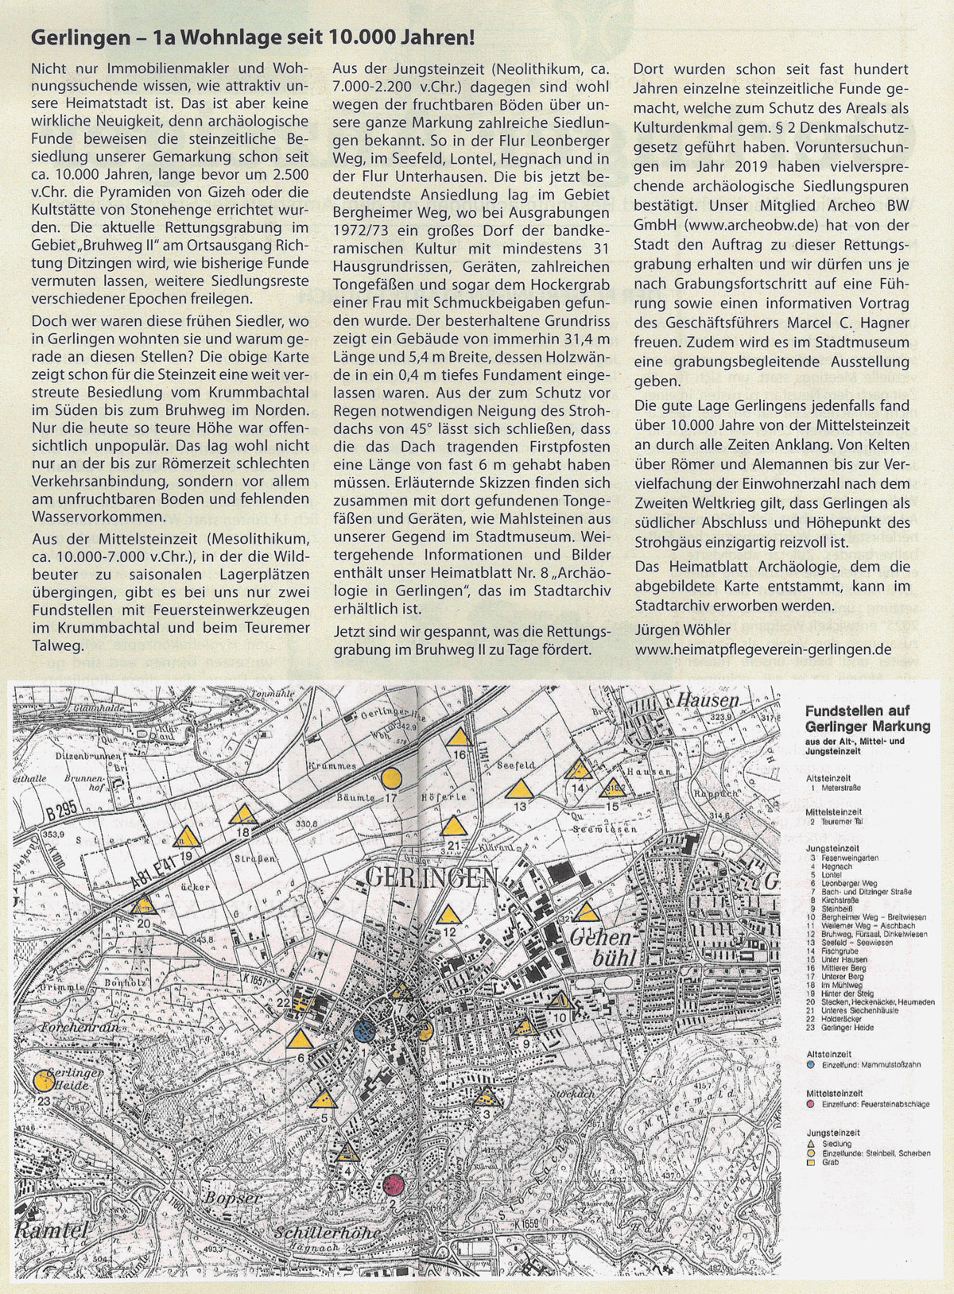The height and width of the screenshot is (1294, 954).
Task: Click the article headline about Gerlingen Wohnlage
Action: point(253,37)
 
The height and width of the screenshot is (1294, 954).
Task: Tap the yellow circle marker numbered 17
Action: point(390,778)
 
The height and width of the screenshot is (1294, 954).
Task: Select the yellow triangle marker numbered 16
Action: point(459,737)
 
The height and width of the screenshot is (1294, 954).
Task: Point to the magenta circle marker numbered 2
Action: point(394,1185)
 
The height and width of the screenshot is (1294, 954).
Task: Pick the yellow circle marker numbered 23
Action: point(44,1081)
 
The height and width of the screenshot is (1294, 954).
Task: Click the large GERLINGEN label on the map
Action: point(432,878)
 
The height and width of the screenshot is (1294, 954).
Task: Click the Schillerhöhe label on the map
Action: point(328,1233)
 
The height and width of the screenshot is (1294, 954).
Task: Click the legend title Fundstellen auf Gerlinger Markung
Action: point(867,719)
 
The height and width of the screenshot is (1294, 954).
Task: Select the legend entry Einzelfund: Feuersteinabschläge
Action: point(874,1105)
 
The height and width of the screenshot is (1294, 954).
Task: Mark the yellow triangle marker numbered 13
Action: point(520,789)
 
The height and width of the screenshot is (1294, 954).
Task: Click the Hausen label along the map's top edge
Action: point(708,701)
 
